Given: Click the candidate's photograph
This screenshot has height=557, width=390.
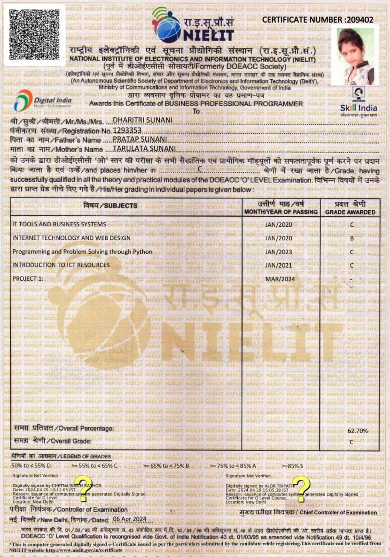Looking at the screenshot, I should click(x=355, y=56).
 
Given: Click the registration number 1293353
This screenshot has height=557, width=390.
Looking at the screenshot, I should click(x=127, y=130).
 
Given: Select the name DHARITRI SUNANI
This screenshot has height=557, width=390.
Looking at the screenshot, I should click(x=136, y=121).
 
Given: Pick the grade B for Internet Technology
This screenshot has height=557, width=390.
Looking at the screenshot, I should click(x=352, y=238).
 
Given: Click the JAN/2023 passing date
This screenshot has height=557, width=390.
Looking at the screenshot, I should click(x=279, y=252).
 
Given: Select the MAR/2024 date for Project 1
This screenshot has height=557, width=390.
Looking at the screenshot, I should click(x=279, y=278).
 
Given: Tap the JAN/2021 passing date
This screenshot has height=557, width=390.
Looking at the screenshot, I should click(x=279, y=265).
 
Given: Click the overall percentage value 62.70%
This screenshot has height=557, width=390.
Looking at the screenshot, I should click(x=357, y=431).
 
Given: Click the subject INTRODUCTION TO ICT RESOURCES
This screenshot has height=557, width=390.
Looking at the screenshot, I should click(x=61, y=265).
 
